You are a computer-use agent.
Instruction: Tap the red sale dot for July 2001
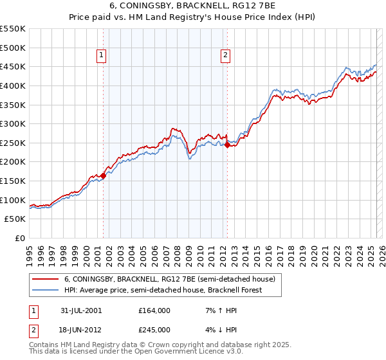(104, 175)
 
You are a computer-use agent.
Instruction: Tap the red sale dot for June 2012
(227, 145)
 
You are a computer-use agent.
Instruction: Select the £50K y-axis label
(15, 219)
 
